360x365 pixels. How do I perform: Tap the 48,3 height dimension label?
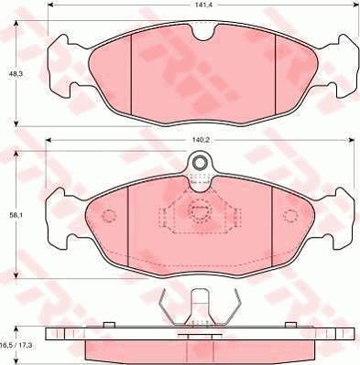[x=15, y=72]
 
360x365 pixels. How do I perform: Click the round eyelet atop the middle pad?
[x=200, y=164]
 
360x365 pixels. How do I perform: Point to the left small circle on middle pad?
[x=109, y=217]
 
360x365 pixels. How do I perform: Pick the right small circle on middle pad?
[x=290, y=217]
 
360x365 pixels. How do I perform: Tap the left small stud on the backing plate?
[x=108, y=324]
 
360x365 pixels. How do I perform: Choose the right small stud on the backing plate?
[x=290, y=324]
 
